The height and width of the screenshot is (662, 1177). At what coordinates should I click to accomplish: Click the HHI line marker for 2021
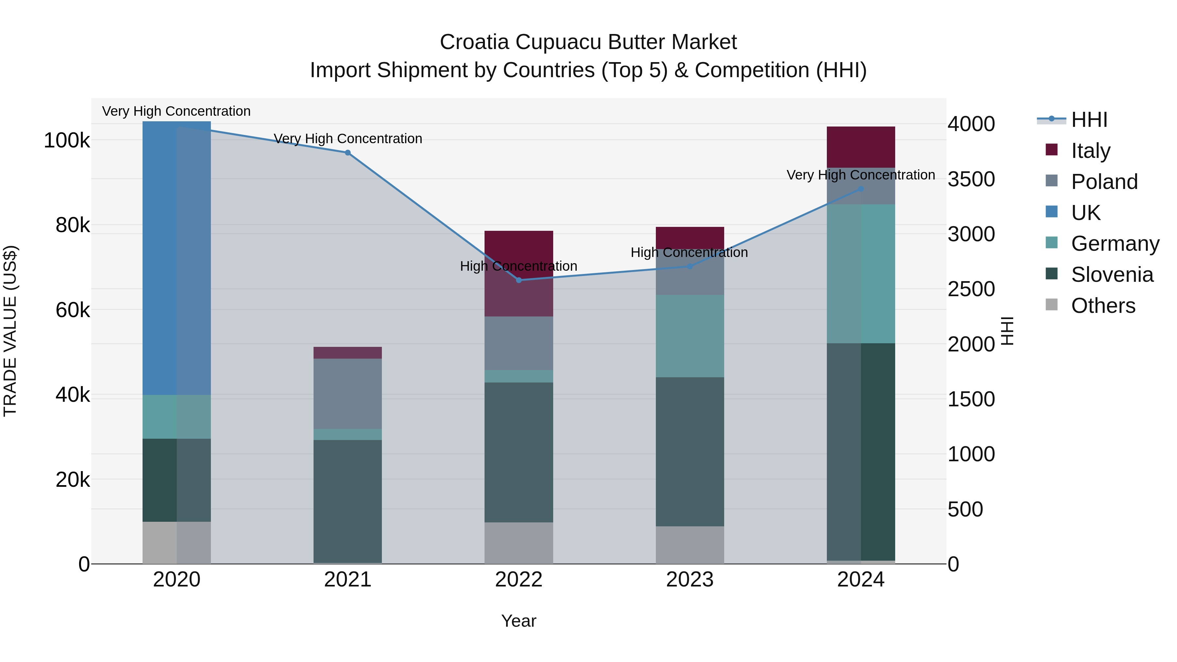click(x=348, y=153)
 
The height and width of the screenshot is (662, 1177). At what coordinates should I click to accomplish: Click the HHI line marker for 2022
click(x=519, y=280)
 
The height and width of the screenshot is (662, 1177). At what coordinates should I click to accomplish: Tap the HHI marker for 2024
click(x=861, y=189)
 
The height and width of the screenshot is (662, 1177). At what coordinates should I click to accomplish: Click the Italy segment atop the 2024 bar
click(x=861, y=147)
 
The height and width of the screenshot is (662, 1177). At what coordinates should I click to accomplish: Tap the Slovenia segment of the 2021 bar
click(x=348, y=501)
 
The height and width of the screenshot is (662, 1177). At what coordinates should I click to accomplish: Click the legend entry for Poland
click(x=1103, y=182)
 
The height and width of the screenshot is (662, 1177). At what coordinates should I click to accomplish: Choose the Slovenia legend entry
click(x=1111, y=275)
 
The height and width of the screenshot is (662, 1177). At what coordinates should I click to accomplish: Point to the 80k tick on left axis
click(x=72, y=225)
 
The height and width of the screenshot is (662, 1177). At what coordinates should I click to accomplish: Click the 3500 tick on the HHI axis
click(x=971, y=179)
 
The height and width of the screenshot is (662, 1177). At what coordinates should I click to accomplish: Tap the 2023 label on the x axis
click(x=690, y=580)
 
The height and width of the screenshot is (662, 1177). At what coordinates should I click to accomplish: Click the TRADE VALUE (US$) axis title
click(x=10, y=331)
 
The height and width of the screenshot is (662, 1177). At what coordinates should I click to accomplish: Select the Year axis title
click(x=519, y=621)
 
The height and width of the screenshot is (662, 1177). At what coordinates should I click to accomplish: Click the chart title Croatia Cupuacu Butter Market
click(x=588, y=42)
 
